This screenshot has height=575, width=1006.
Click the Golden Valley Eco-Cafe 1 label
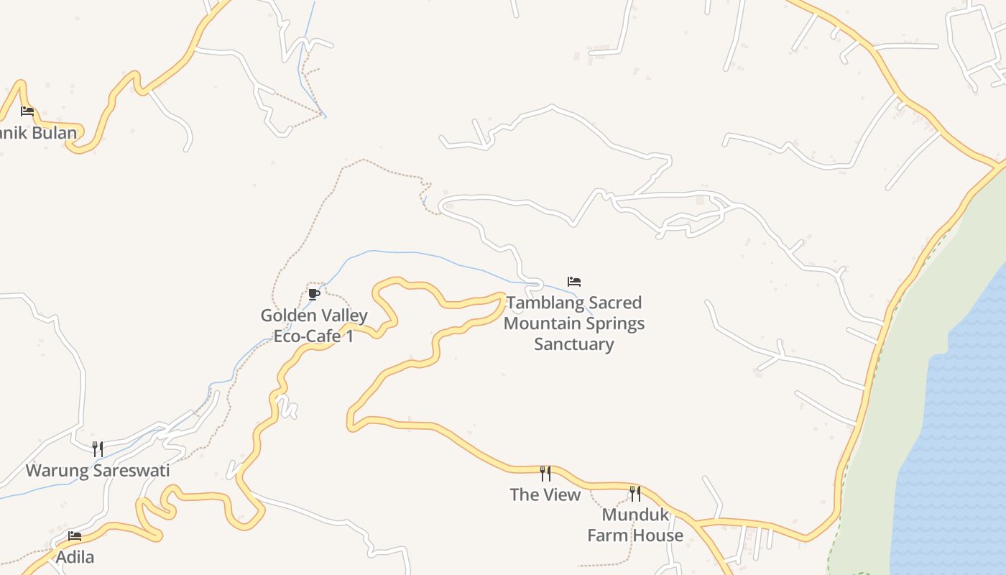[314, 326]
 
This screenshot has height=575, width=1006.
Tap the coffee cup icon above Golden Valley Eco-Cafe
[313, 294]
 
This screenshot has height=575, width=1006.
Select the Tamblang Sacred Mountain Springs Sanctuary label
[574, 323]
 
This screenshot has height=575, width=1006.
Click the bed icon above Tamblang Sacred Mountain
[574, 282]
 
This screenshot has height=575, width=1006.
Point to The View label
[545, 494]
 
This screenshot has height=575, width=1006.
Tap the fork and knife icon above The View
[545, 473]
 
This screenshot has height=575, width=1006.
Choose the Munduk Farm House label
[635, 525]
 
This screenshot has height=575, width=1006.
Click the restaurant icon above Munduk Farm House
[635, 493]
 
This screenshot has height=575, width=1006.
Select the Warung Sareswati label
[98, 471]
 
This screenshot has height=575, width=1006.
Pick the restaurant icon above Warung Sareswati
[98, 449]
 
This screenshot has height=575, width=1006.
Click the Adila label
[75, 557]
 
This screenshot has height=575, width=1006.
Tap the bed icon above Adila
[75, 536]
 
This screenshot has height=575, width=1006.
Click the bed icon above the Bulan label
[27, 111]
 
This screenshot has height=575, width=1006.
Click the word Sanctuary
[574, 344]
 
